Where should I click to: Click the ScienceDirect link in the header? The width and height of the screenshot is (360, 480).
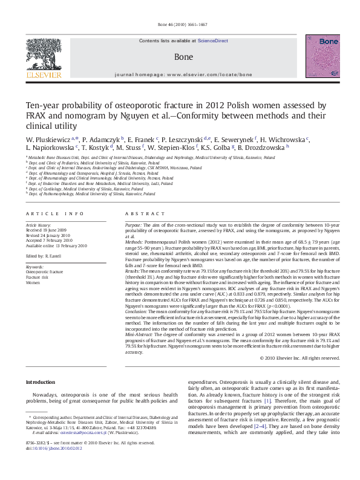pyautogui.click(x=212, y=41)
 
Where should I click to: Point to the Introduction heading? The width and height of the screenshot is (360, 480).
pyautogui.click(x=42, y=382)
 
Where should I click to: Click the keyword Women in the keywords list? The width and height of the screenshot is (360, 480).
pyautogui.click(x=33, y=282)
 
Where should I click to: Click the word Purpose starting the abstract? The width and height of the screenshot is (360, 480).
pyautogui.click(x=134, y=224)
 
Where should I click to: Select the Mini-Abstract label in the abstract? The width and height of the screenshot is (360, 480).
pyautogui.click(x=140, y=334)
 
